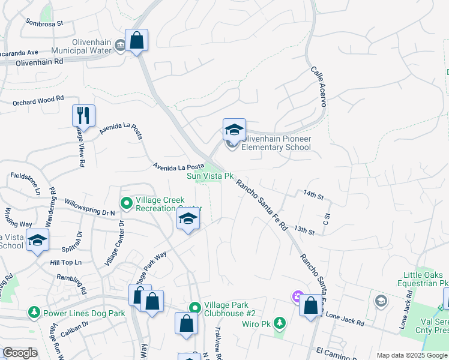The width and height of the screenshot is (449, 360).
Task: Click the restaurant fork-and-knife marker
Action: point(83,115)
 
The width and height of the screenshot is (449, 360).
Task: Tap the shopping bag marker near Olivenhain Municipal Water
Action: point(137,41)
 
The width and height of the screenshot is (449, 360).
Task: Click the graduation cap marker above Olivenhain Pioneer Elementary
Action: point(234,129)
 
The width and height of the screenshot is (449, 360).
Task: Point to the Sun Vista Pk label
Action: point(209,176)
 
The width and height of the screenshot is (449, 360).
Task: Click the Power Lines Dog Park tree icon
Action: point(34,313)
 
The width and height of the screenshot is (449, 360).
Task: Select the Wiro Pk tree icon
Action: point(279,323)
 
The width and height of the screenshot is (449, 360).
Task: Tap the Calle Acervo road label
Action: point(318,86)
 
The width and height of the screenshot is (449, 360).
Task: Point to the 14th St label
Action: point(313,196)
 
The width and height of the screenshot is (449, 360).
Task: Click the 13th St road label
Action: point(305,230)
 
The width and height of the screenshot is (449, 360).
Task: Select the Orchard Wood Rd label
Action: point(38,101)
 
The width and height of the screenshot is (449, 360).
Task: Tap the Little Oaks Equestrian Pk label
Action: point(423,279)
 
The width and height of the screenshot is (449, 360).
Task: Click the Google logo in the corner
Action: point(20,353)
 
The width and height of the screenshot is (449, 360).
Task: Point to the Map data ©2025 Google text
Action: point(412,355)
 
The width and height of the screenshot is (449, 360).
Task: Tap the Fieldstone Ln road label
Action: point(26,184)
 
